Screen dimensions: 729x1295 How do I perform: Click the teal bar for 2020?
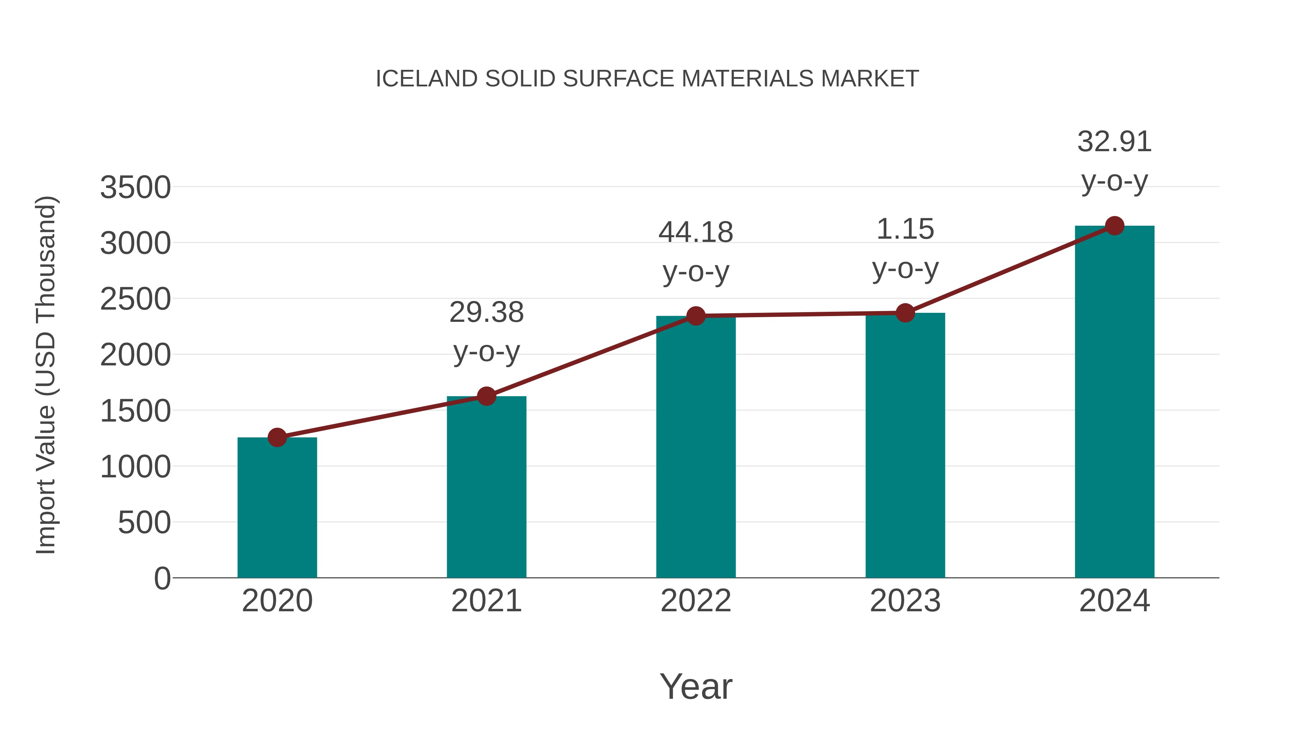(277, 508)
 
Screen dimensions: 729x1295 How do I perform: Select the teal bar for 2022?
(696, 448)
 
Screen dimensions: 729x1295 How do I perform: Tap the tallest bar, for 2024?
(1114, 402)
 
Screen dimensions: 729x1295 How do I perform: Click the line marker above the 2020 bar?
(277, 437)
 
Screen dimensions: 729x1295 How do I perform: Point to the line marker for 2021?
(486, 396)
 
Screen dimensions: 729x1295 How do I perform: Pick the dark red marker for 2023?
(905, 313)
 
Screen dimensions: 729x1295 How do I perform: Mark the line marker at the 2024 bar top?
(1114, 226)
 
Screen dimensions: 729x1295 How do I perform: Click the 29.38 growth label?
(486, 312)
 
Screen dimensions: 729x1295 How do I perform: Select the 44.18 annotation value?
(696, 233)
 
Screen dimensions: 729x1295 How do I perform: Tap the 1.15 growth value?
(905, 229)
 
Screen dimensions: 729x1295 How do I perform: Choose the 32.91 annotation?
(1114, 142)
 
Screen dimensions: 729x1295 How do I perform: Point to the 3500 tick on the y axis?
(135, 188)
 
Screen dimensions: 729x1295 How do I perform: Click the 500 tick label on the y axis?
(144, 523)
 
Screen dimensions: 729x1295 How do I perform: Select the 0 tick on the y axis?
(162, 578)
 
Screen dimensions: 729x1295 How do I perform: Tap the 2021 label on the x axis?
(486, 601)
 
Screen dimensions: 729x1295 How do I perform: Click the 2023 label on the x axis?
(905, 601)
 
